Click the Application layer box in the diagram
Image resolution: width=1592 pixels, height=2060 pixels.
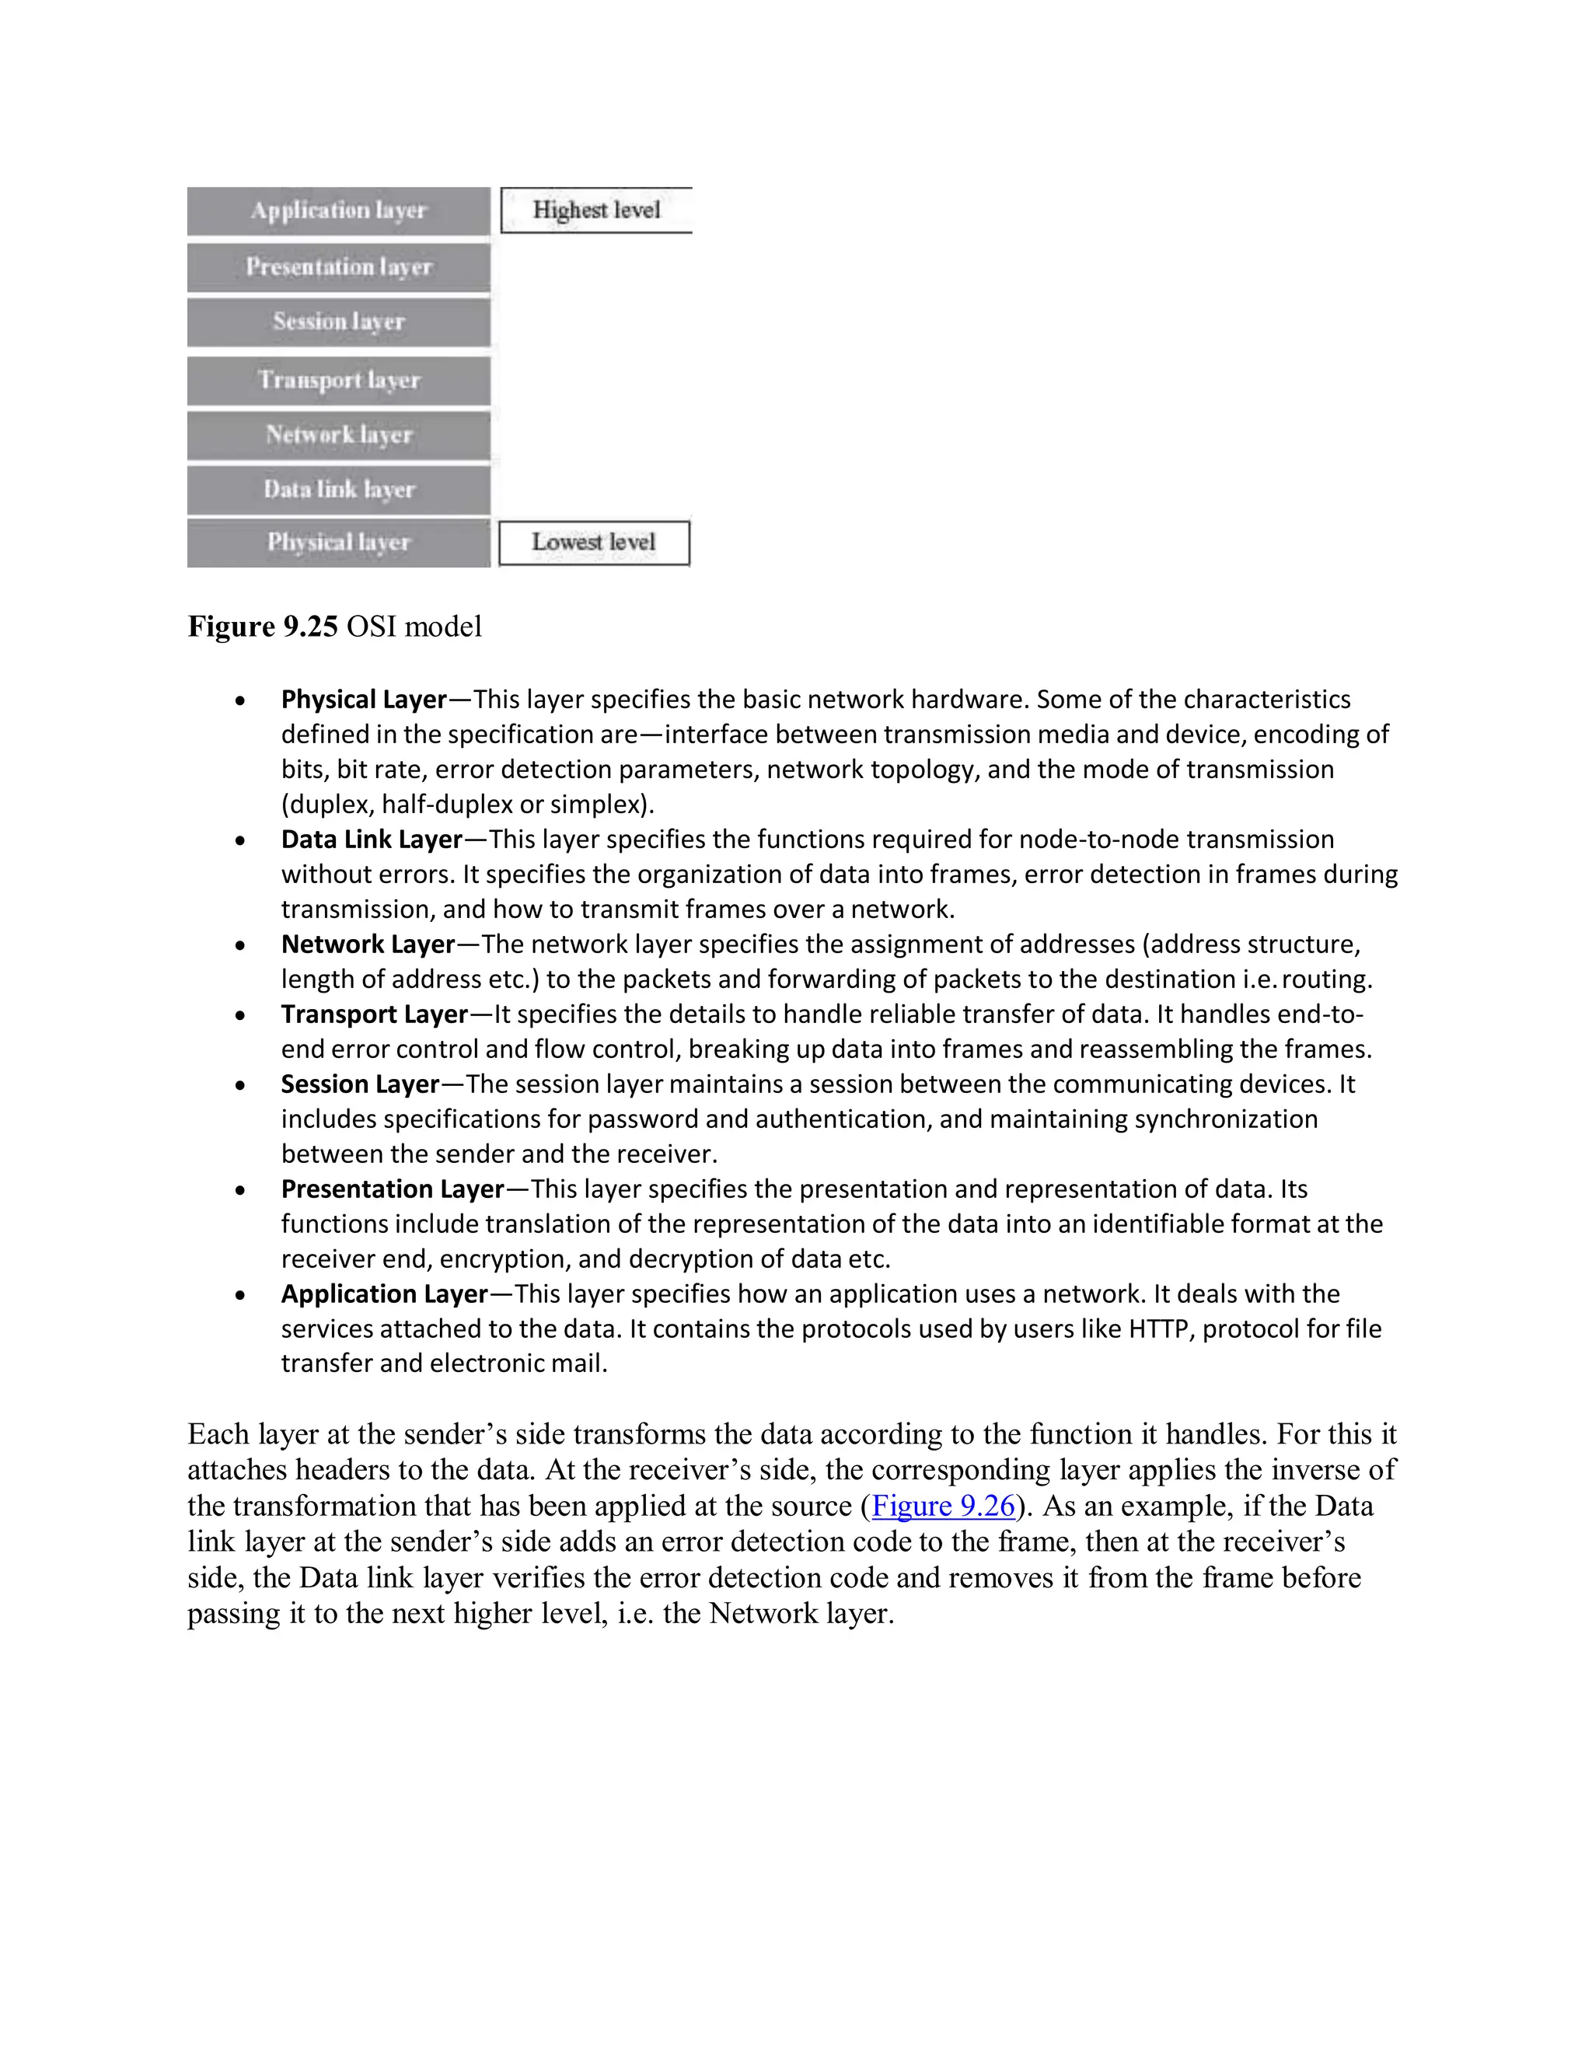[339, 211]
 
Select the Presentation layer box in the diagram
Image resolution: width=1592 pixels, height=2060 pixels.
[339, 267]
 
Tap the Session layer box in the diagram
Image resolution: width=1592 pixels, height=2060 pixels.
[339, 322]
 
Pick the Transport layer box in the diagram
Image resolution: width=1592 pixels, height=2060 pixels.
[339, 380]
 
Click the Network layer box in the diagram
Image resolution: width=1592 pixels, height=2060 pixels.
[339, 435]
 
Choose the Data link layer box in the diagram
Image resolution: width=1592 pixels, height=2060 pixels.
[339, 490]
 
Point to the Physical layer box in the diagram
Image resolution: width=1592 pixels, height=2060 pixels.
[339, 543]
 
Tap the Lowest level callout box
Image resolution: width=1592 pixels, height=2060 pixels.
[594, 543]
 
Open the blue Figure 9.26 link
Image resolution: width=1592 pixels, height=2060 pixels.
[943, 1506]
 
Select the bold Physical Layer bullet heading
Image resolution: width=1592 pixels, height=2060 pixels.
[363, 699]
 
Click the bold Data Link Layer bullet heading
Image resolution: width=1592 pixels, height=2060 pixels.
[372, 839]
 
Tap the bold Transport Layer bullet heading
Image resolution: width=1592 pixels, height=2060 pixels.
[375, 1014]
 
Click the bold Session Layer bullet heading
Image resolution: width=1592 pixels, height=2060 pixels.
[360, 1084]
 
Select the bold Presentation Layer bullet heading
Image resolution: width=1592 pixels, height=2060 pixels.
[393, 1189]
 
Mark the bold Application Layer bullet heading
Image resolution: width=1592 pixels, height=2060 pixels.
[385, 1294]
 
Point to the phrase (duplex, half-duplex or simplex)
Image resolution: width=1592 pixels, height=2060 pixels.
[467, 804]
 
